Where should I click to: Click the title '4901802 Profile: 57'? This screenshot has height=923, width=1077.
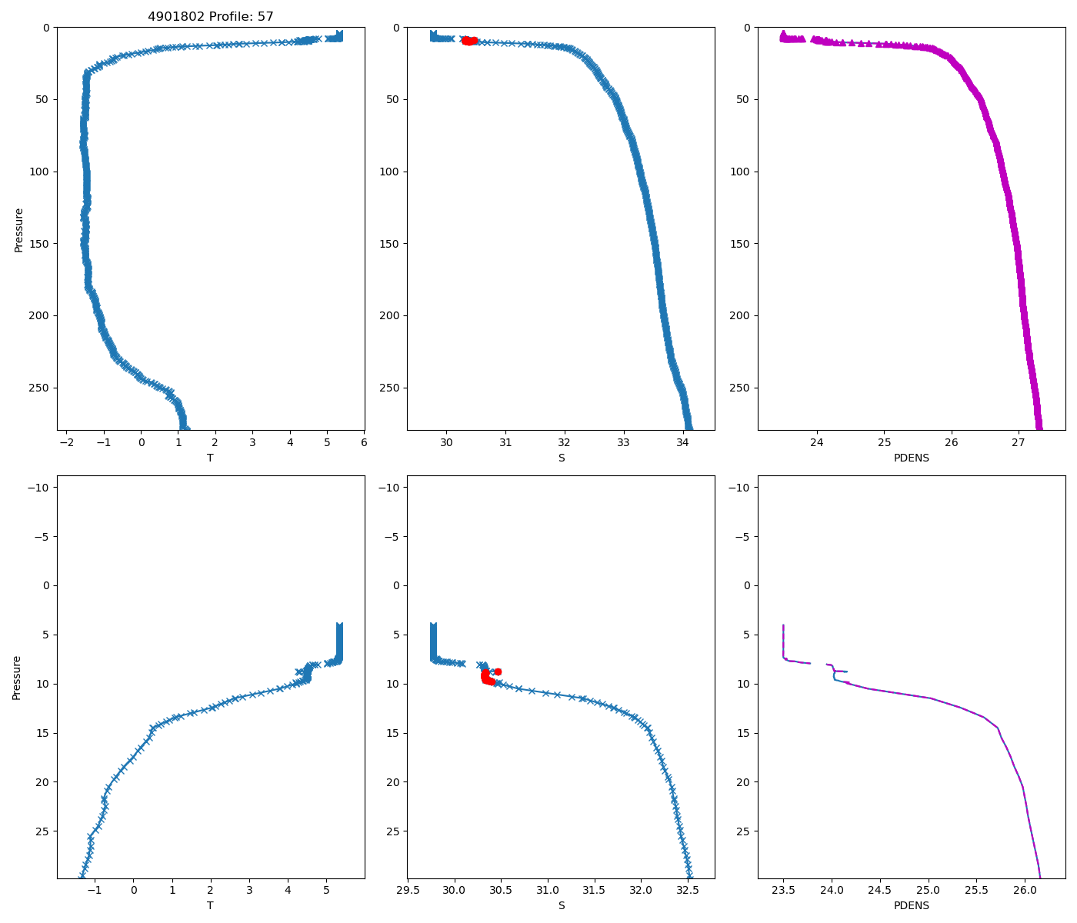tap(211, 16)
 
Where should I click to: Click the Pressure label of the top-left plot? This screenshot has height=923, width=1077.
tap(18, 229)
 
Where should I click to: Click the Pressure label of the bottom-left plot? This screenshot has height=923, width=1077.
tap(17, 677)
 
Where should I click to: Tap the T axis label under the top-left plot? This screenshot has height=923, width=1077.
tap(210, 458)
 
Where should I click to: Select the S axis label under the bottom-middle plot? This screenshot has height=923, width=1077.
tap(562, 905)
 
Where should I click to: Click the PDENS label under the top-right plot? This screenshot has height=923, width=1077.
tap(912, 458)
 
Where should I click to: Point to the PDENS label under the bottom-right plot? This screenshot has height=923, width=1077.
tap(912, 905)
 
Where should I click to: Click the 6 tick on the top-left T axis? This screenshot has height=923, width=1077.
tap(364, 443)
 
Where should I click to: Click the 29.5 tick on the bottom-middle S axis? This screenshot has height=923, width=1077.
tap(408, 891)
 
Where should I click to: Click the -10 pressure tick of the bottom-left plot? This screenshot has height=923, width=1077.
tap(38, 488)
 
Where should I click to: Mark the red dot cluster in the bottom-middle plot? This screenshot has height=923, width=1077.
tap(488, 678)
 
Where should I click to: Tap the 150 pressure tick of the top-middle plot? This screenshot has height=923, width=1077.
tap(390, 244)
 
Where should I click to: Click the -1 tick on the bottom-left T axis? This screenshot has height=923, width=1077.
tap(95, 891)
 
